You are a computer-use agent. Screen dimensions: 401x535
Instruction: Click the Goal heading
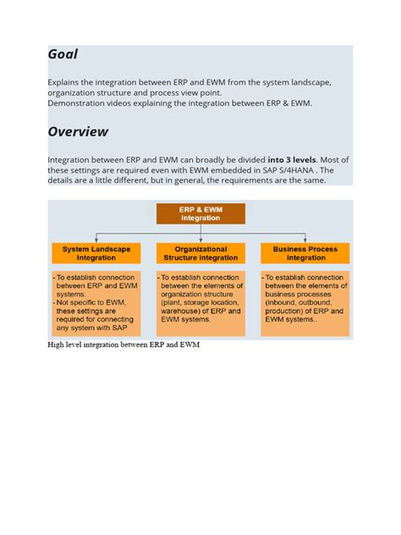(x=63, y=54)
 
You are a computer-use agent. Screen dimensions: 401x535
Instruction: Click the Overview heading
(x=78, y=131)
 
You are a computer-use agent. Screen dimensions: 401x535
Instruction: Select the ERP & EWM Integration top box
(x=200, y=213)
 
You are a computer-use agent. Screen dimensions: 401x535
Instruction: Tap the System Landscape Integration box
(x=96, y=253)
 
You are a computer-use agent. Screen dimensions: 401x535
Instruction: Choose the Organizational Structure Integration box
(x=200, y=253)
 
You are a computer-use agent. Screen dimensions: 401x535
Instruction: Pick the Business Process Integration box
(x=305, y=253)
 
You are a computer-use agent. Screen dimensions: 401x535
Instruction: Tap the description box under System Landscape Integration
(x=96, y=303)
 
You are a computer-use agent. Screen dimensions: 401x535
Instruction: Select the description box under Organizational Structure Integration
(x=200, y=303)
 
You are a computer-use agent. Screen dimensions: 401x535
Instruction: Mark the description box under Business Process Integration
(x=305, y=303)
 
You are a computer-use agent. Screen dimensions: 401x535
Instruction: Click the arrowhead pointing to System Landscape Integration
(x=96, y=240)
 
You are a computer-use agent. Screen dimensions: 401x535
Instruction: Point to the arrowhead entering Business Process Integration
(x=305, y=240)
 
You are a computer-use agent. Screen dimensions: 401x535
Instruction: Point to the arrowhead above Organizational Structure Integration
(x=200, y=240)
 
